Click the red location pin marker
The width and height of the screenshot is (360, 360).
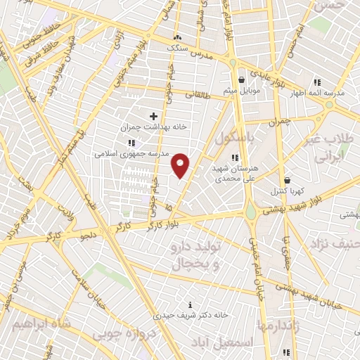click(181, 165)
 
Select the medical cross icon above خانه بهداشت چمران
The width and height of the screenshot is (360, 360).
click(153, 115)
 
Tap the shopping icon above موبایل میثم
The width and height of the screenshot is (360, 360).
click(242, 79)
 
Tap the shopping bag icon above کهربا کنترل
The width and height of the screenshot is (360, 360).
click(286, 180)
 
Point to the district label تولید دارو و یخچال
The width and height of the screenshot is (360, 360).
click(198, 256)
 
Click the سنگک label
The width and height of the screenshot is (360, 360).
click(176, 47)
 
